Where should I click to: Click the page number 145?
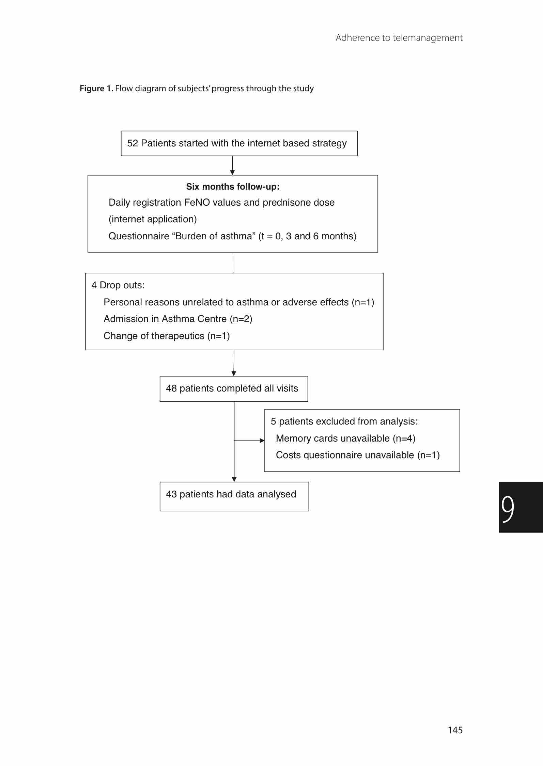click(455, 730)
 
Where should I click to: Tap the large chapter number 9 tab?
click(521, 507)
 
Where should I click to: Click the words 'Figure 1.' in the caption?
click(96, 89)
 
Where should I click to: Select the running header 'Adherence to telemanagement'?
click(399, 37)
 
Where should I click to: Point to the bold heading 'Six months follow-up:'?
click(233, 187)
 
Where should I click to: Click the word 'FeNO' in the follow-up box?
click(197, 203)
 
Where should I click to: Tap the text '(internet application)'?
click(153, 219)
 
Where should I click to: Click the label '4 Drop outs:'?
click(118, 285)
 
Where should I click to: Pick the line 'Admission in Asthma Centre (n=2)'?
click(178, 319)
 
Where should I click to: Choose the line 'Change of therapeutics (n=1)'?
click(167, 336)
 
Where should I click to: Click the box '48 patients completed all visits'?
click(234, 389)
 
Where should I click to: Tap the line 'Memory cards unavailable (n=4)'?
click(345, 438)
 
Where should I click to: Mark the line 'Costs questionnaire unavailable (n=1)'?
click(358, 455)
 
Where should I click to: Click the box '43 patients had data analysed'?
click(234, 496)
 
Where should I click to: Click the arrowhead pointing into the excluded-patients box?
click(262, 441)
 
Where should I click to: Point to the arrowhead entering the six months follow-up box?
click(232, 173)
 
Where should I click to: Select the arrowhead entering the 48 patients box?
click(234, 374)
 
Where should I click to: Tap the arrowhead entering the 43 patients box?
click(234, 479)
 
